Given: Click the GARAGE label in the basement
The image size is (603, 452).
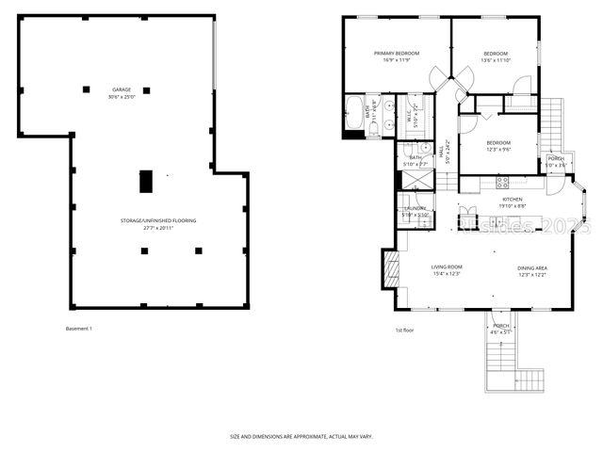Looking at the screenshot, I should click(121, 89).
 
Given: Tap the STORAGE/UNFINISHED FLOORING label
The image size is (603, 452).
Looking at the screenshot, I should click(158, 220).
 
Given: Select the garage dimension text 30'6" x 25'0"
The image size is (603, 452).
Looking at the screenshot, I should click(121, 97).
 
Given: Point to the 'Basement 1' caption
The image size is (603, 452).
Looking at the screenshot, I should click(79, 328).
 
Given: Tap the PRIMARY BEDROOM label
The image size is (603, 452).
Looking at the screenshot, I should click(396, 53).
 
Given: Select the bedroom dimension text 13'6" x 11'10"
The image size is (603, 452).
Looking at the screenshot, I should click(496, 60).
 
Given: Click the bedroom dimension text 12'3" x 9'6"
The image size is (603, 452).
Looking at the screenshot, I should click(498, 150).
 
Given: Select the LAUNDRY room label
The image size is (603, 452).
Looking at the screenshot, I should click(415, 208).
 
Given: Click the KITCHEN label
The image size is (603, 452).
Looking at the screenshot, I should click(512, 199).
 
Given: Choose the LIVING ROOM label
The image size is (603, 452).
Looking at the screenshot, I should click(447, 268).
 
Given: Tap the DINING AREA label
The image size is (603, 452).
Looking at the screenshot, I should click(532, 268).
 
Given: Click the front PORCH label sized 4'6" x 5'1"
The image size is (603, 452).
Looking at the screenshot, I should click(500, 325).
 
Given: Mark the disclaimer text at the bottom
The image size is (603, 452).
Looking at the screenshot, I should click(301, 436).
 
